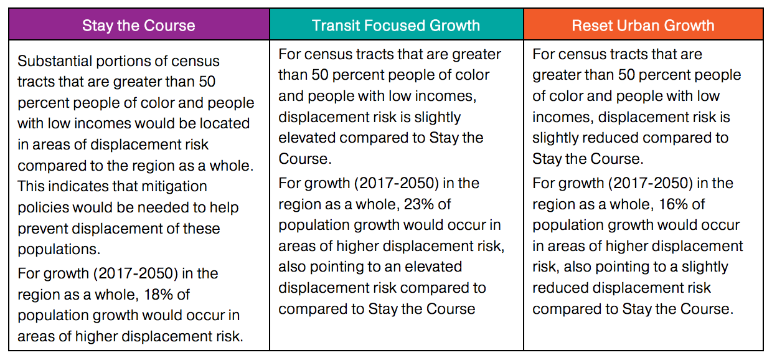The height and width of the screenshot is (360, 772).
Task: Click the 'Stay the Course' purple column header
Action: coord(138,26)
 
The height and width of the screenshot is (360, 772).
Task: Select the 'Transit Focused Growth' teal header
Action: coord(396,26)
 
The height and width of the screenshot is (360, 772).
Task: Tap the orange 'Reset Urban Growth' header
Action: coord(643,26)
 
